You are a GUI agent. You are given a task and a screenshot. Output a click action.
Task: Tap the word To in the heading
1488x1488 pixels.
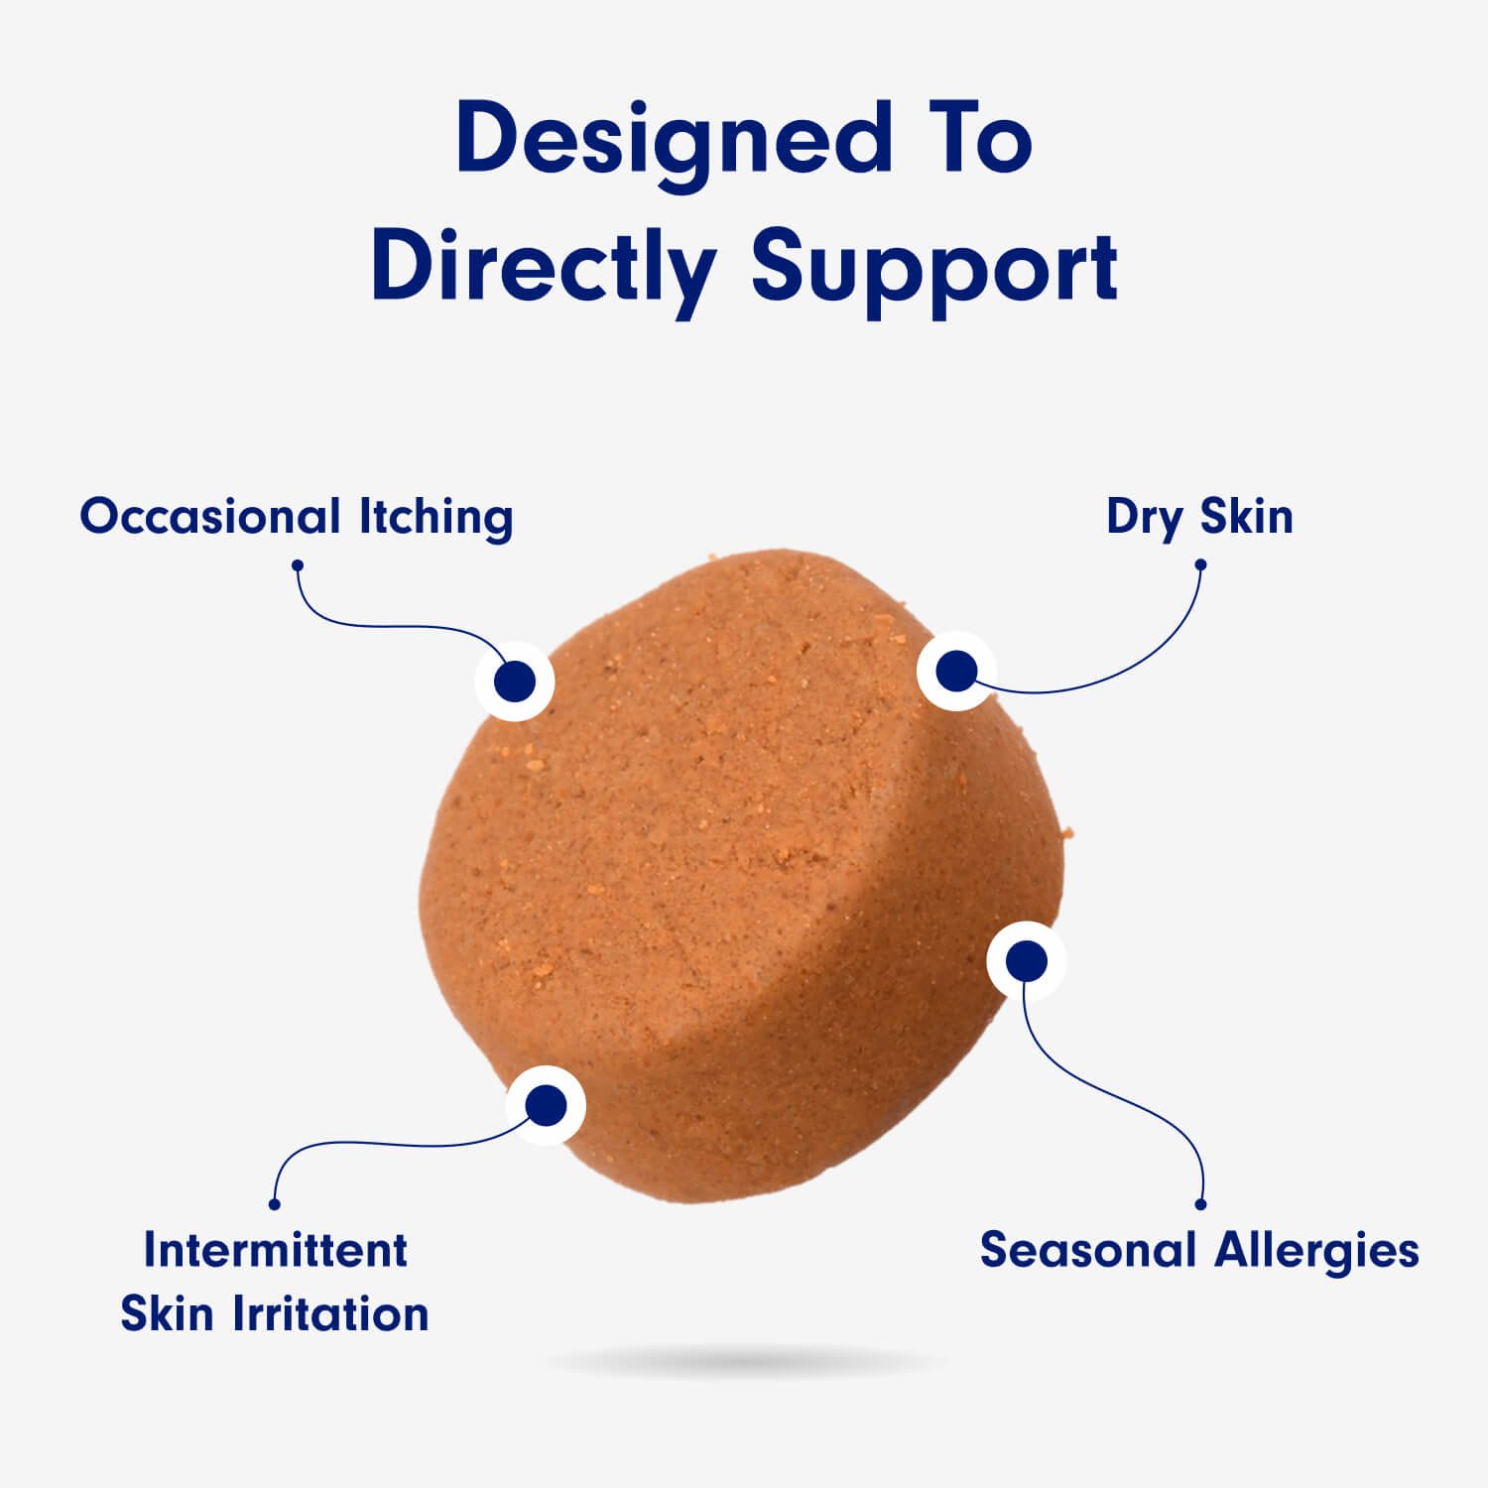[977, 139]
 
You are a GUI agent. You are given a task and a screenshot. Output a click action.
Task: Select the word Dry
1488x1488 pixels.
[1144, 517]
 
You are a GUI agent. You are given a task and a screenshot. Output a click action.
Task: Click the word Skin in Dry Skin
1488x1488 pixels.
[1247, 517]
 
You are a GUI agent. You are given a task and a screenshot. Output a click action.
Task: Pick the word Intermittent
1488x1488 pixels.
[275, 1250]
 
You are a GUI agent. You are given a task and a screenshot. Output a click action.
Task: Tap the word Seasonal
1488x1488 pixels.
[1088, 1250]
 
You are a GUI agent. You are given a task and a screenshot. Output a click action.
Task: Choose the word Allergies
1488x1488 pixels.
[1318, 1250]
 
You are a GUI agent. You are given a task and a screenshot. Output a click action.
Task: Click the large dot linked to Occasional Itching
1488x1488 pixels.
[514, 681]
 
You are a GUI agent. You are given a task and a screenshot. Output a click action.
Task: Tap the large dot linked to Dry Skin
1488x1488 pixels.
[956, 672]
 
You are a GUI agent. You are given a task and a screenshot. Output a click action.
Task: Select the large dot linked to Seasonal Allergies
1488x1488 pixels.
[1026, 960]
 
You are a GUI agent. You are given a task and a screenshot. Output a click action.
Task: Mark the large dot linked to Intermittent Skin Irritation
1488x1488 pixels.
[546, 1105]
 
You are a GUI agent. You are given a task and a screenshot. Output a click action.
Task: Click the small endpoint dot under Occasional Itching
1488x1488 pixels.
[297, 565]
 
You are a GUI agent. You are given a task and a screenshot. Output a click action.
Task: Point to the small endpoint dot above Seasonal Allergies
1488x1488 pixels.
[1200, 1204]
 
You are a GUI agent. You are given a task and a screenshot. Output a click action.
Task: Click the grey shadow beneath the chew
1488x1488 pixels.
[744, 1364]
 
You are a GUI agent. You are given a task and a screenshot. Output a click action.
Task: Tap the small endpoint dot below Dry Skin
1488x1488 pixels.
[1200, 564]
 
